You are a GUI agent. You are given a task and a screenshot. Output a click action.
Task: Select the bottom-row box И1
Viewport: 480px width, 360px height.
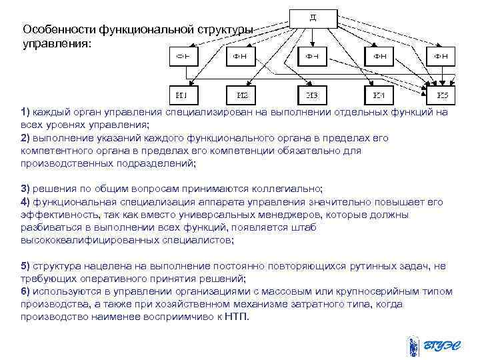pyautogui.click(x=182, y=95)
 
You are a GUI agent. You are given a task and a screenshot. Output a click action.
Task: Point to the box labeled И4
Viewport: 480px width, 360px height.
pyautogui.click(x=378, y=95)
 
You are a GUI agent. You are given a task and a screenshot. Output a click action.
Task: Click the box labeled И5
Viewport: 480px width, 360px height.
pyautogui.click(x=443, y=95)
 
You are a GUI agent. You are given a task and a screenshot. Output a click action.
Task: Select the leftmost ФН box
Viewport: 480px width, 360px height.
pyautogui.click(x=182, y=56)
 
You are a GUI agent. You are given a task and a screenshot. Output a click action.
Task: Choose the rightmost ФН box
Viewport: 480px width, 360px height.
pyautogui.click(x=443, y=56)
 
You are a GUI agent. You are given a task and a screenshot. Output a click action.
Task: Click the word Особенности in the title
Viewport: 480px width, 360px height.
pyautogui.click(x=59, y=30)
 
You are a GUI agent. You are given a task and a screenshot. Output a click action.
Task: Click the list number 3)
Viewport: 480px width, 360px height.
pyautogui.click(x=25, y=189)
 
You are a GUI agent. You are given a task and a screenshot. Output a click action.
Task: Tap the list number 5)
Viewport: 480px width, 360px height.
pyautogui.click(x=25, y=266)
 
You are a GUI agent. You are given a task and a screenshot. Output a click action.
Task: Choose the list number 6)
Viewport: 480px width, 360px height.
pyautogui.click(x=25, y=291)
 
